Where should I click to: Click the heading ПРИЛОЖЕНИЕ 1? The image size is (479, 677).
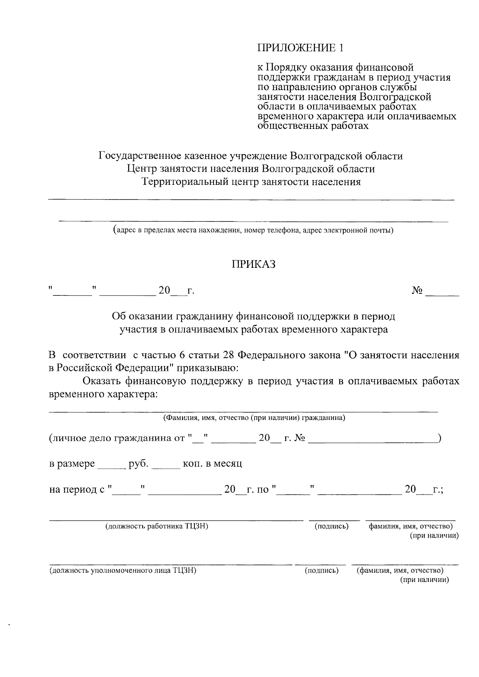click(300, 48)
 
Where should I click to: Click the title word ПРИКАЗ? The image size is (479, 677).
click(254, 265)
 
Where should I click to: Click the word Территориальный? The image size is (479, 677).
click(185, 182)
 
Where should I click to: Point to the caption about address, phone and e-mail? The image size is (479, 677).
click(253, 230)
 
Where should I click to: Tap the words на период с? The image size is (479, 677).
click(77, 489)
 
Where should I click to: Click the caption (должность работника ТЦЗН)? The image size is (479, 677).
click(157, 526)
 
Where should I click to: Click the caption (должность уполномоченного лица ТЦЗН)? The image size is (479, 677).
click(123, 570)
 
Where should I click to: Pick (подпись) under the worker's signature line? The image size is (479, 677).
click(332, 526)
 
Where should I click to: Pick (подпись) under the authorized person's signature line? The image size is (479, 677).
click(321, 570)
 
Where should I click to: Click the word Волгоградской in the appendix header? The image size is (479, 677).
click(395, 97)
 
